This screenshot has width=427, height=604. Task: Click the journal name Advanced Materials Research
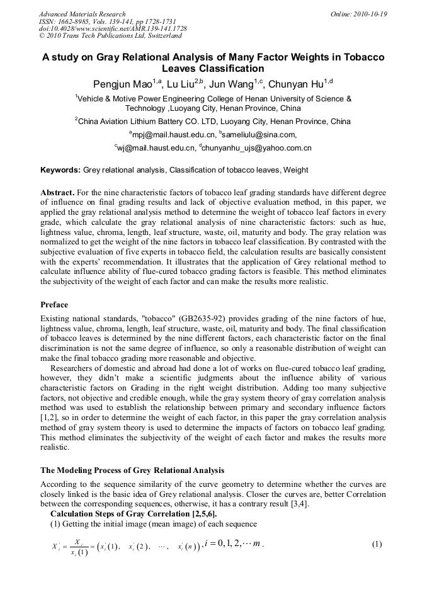click(83, 14)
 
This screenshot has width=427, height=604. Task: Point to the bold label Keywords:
click(60, 170)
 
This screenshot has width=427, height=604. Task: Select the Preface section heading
click(54, 305)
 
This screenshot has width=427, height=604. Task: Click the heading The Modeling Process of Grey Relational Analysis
click(132, 470)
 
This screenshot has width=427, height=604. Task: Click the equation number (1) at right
click(377, 544)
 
